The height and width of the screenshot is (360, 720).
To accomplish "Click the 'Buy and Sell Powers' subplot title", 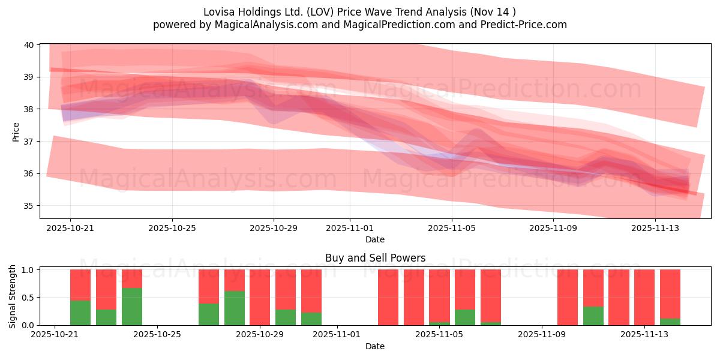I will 375,258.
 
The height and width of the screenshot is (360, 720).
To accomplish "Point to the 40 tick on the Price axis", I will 29,45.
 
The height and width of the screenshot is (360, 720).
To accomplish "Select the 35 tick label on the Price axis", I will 29,206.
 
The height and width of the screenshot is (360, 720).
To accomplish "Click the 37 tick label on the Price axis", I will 29,142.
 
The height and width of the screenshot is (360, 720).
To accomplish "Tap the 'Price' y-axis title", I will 16,132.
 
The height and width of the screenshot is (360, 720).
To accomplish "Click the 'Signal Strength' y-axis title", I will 13,297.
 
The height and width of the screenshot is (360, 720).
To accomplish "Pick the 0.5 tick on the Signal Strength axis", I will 28,298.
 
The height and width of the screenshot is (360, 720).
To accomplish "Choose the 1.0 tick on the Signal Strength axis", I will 28,270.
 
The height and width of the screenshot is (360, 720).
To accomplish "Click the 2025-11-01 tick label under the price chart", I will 350,228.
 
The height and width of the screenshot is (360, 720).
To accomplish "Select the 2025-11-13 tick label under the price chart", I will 655,228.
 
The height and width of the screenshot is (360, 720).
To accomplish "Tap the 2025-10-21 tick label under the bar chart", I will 55,334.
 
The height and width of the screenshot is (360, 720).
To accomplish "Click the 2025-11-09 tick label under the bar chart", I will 542,334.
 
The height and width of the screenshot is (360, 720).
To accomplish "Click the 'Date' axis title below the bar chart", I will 375,346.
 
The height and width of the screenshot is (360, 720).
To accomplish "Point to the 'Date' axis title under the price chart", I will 375,239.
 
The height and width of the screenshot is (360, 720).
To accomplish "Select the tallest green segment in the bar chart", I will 132,307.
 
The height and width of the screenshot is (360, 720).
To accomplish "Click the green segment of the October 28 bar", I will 235,308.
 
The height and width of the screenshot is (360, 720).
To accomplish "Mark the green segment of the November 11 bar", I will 593,316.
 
